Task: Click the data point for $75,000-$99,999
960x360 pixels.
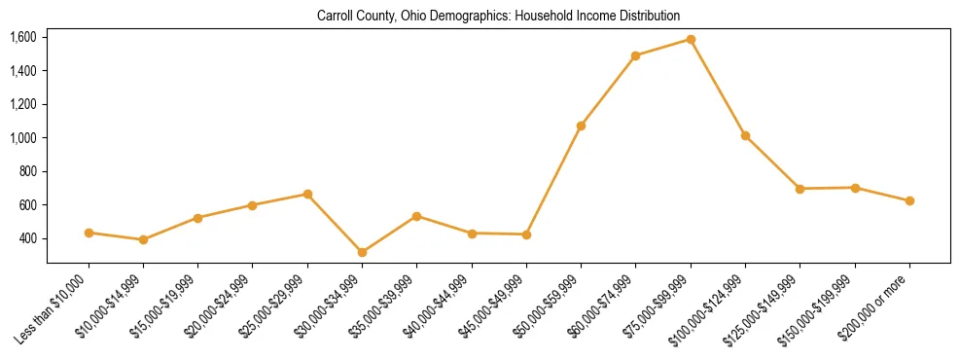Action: pyautogui.click(x=691, y=39)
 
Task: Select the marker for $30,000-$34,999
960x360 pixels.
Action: pyautogui.click(x=362, y=252)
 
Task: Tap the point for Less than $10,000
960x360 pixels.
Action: pyautogui.click(x=89, y=233)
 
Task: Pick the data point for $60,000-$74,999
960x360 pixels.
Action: pyautogui.click(x=635, y=55)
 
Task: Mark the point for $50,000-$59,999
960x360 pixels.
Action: pyautogui.click(x=581, y=126)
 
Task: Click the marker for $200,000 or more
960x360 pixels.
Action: pyautogui.click(x=909, y=200)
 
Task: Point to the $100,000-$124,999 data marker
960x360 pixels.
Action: pyautogui.click(x=745, y=135)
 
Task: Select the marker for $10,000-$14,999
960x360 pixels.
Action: pyautogui.click(x=143, y=239)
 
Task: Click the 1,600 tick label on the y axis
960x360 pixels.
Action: pyautogui.click(x=22, y=37)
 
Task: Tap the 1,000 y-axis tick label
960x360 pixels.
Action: pyautogui.click(x=22, y=138)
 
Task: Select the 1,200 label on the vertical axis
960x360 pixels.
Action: pyautogui.click(x=22, y=104)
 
